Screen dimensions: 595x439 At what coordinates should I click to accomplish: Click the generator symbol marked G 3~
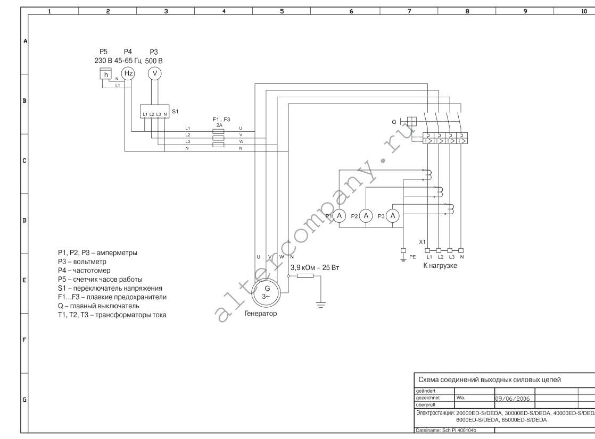[x=266, y=292]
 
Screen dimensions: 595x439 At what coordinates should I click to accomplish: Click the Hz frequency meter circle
[x=128, y=73]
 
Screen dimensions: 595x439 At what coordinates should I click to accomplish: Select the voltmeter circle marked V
[x=154, y=73]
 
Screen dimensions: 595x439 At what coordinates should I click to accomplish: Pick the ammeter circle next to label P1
[x=339, y=216]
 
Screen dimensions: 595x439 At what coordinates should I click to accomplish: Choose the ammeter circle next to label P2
[x=366, y=216]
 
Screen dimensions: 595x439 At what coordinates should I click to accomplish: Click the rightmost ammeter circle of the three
[x=393, y=216]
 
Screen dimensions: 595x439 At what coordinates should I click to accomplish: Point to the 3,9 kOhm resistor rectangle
[x=305, y=276]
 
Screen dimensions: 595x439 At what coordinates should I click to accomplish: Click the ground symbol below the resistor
[x=321, y=304]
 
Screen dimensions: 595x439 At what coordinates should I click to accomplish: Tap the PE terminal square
[x=403, y=250]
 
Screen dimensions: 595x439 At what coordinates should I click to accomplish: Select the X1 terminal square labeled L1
[x=428, y=250]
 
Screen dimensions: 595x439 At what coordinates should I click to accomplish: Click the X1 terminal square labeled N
[x=461, y=250]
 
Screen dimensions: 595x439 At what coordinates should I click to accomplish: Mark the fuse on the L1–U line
[x=218, y=131]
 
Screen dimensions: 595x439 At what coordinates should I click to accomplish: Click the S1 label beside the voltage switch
[x=175, y=112]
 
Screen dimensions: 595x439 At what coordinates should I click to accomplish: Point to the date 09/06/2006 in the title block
[x=513, y=399]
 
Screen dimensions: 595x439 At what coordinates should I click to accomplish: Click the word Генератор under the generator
[x=261, y=314]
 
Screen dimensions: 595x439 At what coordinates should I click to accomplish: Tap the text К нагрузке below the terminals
[x=440, y=265]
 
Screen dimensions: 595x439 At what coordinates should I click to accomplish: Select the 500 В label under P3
[x=154, y=61]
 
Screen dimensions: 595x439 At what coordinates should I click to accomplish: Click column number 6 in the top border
[x=351, y=11]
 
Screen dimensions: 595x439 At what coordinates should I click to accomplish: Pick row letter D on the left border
[x=24, y=220]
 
